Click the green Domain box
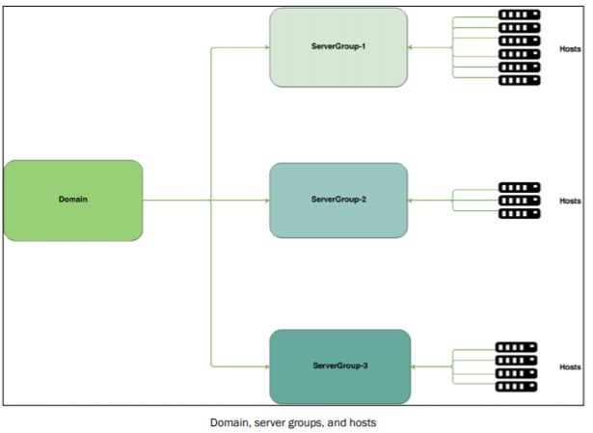tap(73, 201)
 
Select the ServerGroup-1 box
tap(338, 47)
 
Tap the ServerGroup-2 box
tap(338, 200)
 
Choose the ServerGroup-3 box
tap(340, 366)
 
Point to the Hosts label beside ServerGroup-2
tap(569, 201)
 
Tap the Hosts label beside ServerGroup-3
tap(569, 366)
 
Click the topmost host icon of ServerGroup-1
tap(520, 15)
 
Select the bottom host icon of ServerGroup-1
tap(520, 80)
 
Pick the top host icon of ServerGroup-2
tap(520, 188)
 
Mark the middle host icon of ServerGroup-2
tap(520, 201)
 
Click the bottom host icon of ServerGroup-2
tap(520, 213)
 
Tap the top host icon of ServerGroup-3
tap(516, 347)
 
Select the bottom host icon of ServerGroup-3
tap(516, 387)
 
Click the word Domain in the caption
tap(227, 422)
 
